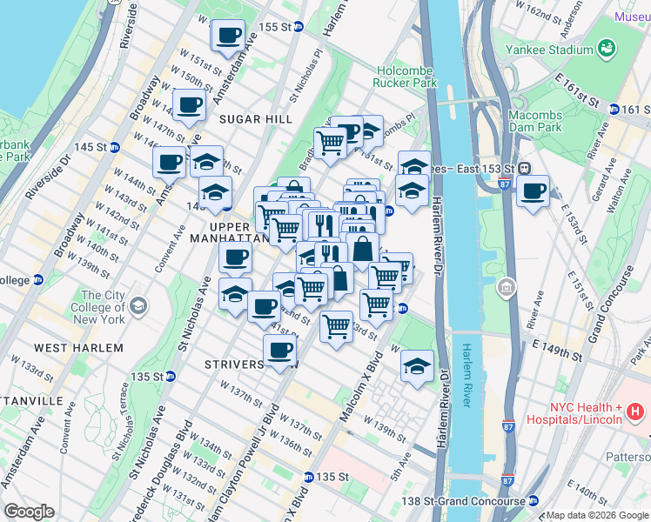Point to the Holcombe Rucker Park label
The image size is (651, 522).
pyautogui.click(x=404, y=76)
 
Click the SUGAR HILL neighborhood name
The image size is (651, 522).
pyautogui.click(x=252, y=117)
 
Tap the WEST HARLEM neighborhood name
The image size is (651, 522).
pyautogui.click(x=84, y=347)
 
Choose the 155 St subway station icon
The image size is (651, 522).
pyautogui.click(x=299, y=27)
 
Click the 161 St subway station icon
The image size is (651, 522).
pyautogui.click(x=614, y=109)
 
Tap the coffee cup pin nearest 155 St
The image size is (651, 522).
pyautogui.click(x=229, y=36)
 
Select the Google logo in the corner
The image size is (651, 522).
pyautogui.click(x=29, y=512)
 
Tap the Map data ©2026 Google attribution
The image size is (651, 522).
pyautogui.click(x=597, y=515)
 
